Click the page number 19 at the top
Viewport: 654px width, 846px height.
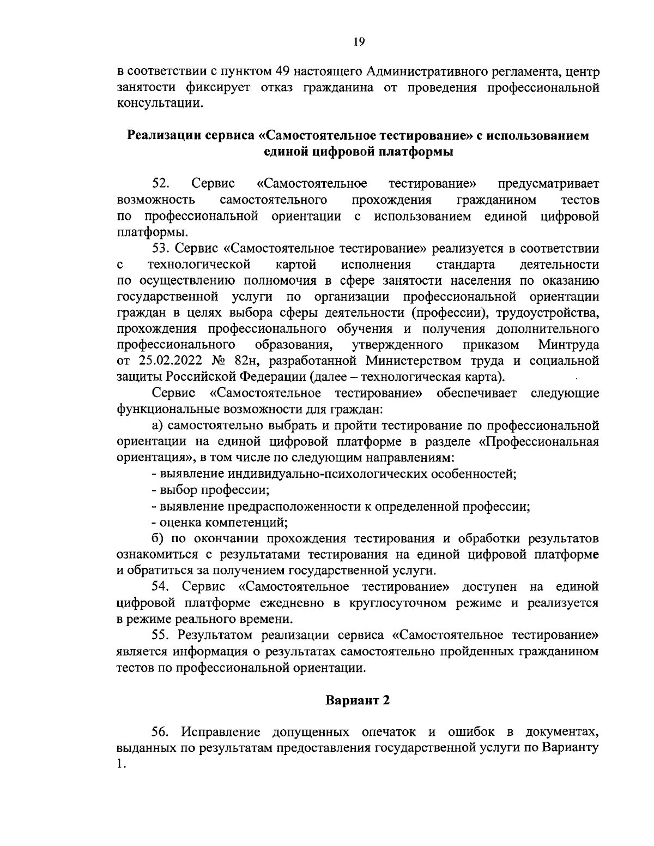point(359,42)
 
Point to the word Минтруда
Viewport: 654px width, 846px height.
point(568,345)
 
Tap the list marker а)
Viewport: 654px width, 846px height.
point(158,425)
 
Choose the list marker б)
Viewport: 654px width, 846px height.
point(158,539)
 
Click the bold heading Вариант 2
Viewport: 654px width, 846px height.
point(358,700)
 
